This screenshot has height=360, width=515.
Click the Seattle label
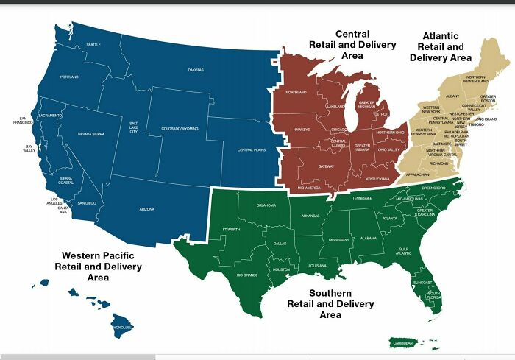point(93,45)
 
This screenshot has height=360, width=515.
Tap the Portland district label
point(69,77)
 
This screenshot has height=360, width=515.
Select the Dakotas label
point(196,70)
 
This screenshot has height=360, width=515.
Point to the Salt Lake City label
point(133,127)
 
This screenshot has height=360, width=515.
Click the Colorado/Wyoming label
point(180,129)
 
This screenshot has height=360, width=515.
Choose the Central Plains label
point(251,150)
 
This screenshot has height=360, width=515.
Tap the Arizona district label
point(146,210)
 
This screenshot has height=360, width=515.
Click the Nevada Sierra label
point(91,135)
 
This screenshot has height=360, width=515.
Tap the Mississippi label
point(338,240)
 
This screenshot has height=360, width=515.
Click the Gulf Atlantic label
point(403,251)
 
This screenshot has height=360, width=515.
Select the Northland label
point(296,93)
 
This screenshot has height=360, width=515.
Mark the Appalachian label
point(417,174)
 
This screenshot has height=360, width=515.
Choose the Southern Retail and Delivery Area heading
point(330,303)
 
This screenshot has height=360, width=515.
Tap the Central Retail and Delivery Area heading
point(352,45)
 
